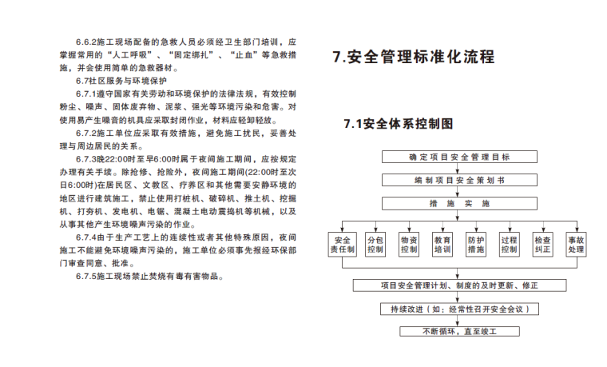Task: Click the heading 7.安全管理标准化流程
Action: (x=413, y=58)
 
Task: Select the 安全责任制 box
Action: (x=342, y=244)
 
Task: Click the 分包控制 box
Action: (x=375, y=244)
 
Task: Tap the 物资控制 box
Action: (x=409, y=244)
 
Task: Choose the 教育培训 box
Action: (x=442, y=244)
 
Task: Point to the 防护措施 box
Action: (x=476, y=244)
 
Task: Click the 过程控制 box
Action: (x=510, y=244)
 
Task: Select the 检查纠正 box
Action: (x=543, y=244)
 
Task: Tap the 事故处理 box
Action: (x=576, y=244)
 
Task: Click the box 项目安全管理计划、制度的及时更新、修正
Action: (x=459, y=285)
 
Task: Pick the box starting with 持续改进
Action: (x=459, y=309)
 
